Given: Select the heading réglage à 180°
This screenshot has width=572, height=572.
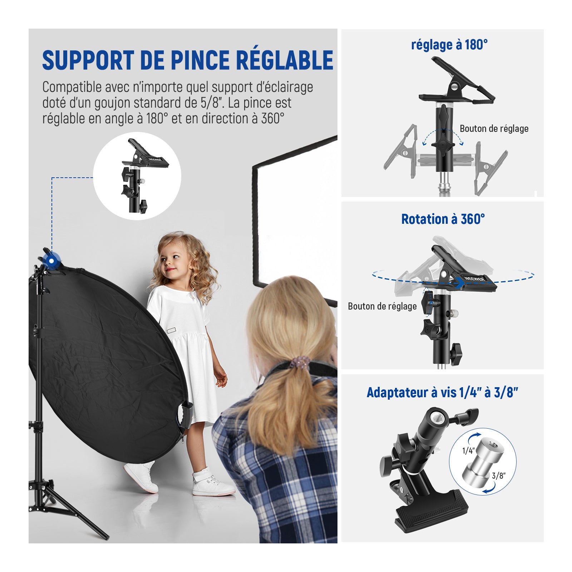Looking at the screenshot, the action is (449, 45).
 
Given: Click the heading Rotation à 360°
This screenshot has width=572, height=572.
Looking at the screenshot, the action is (443, 219).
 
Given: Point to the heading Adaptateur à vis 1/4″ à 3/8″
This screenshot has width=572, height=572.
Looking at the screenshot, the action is (442, 393).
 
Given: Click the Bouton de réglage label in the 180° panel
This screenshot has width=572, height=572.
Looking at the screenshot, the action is (494, 129).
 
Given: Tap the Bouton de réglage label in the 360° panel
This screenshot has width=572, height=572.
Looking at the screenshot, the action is (382, 306).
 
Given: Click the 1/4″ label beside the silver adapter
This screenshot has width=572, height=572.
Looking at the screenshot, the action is (468, 450).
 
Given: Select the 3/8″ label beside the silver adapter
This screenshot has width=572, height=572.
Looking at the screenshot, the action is (499, 475).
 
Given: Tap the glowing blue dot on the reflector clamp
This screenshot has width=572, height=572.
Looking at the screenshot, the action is (52, 261).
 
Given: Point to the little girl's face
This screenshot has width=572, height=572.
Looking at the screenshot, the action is (172, 260).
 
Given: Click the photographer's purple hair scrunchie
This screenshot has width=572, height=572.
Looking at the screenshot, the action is (299, 363).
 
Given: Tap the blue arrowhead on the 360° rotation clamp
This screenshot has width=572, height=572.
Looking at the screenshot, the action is (459, 283).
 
